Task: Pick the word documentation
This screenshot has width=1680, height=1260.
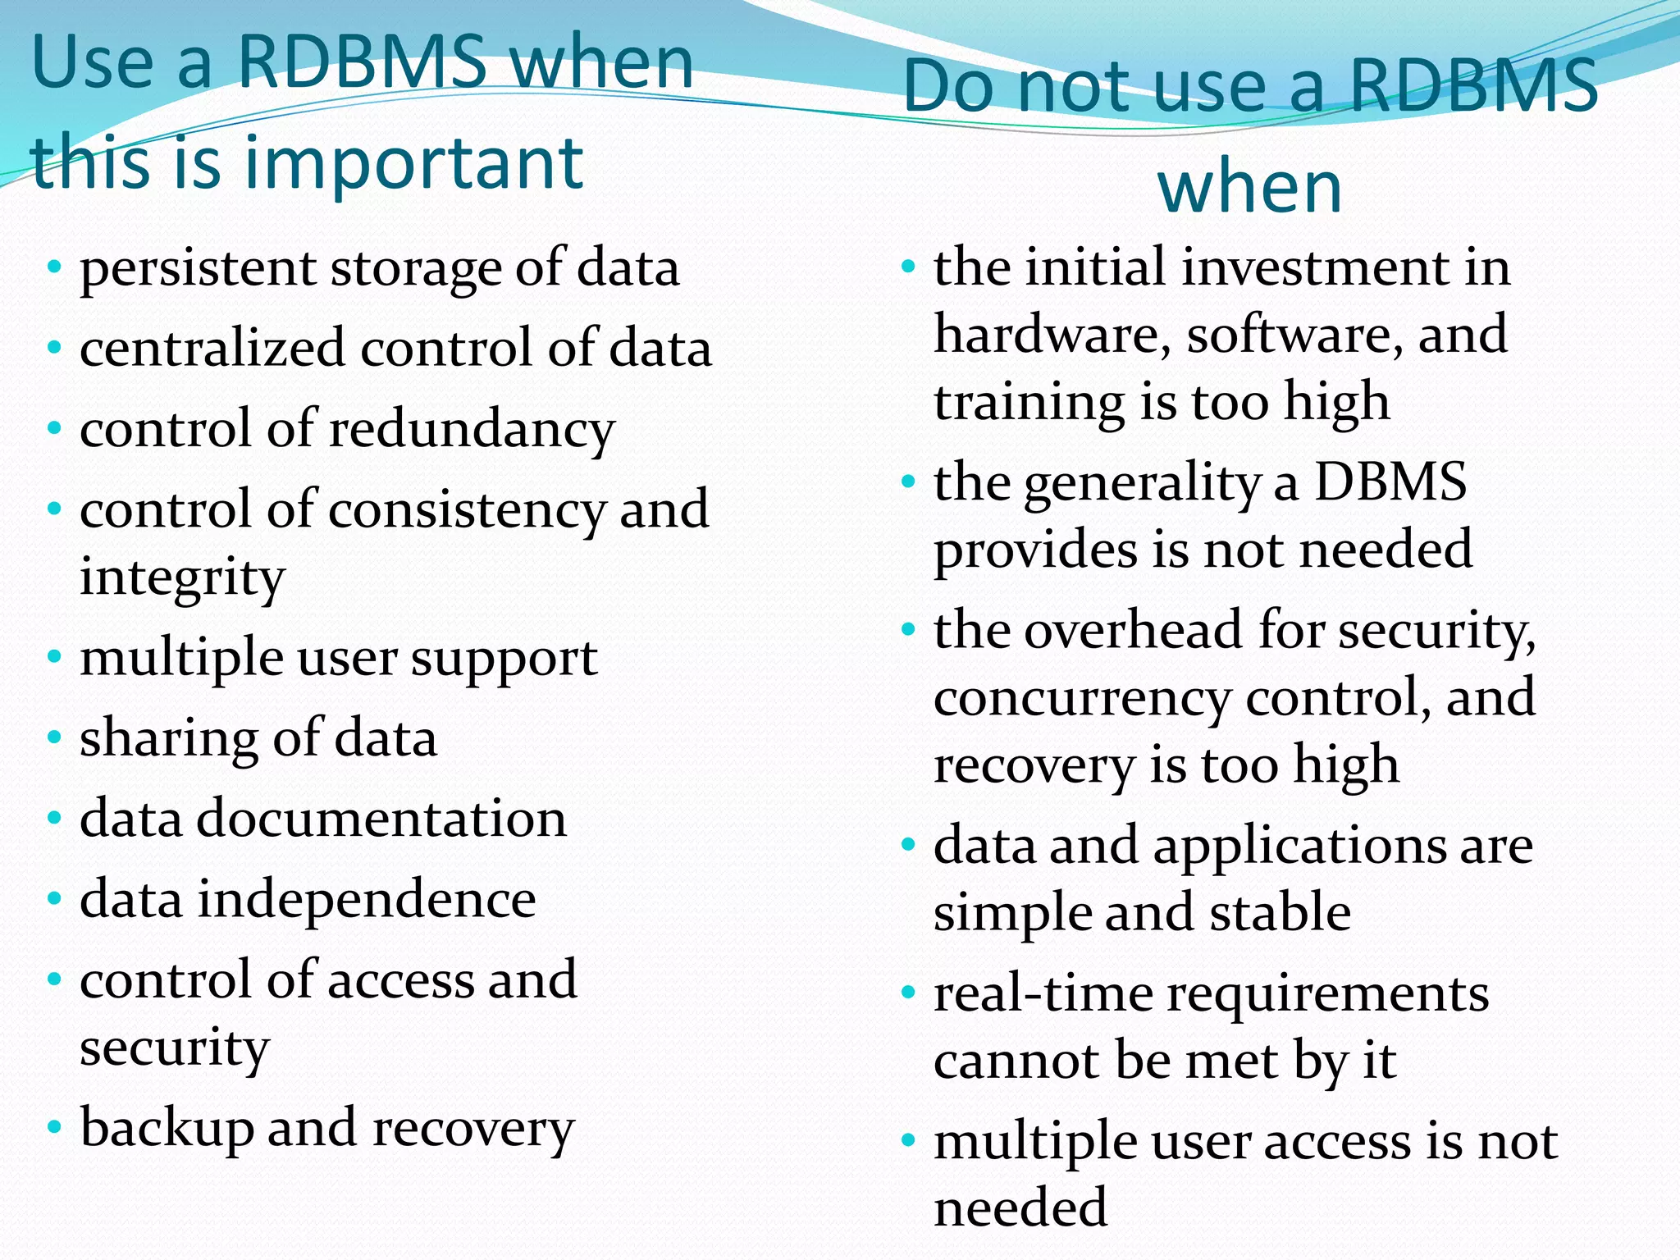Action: pos(381,819)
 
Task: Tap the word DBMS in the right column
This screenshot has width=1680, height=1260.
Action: pos(1390,482)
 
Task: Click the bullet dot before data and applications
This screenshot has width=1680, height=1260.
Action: pos(907,844)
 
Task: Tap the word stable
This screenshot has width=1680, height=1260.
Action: pos(1280,913)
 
